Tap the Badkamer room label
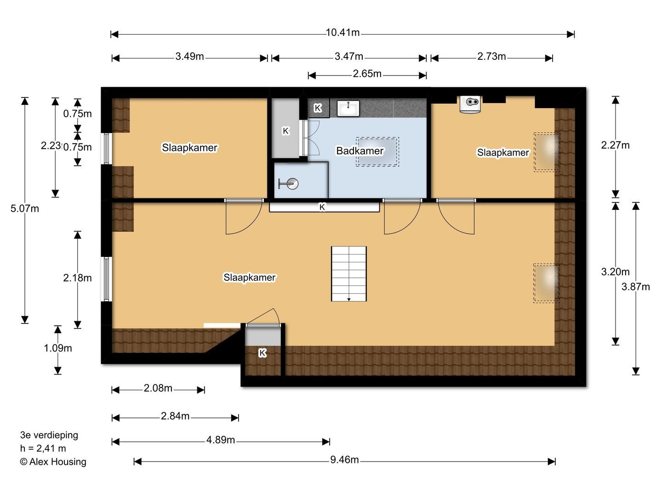pyautogui.click(x=360, y=150)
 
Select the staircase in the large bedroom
pyautogui.click(x=349, y=274)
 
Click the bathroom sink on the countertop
pyautogui.click(x=348, y=108)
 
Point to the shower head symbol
pyautogui.click(x=289, y=184)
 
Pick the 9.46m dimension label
pyautogui.click(x=344, y=460)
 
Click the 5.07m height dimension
pyautogui.click(x=25, y=208)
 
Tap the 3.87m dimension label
pyautogui.click(x=636, y=287)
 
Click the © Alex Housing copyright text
pyautogui.click(x=53, y=462)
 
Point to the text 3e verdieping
pyautogui.click(x=49, y=435)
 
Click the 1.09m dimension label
pyautogui.click(x=58, y=348)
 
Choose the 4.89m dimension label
pyautogui.click(x=221, y=440)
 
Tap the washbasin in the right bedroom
pyautogui.click(x=470, y=104)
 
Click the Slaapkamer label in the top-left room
pyautogui.click(x=189, y=148)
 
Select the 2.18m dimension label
pyautogui.click(x=78, y=278)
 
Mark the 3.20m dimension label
pyautogui.click(x=616, y=272)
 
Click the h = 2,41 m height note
pyautogui.click(x=43, y=449)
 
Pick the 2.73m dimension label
pyautogui.click(x=491, y=57)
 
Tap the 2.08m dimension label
pyautogui.click(x=158, y=388)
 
